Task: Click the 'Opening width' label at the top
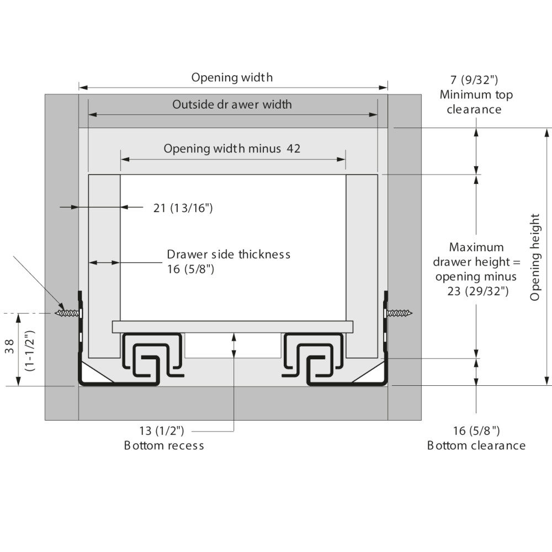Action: [232, 77]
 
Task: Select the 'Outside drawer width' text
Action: [232, 104]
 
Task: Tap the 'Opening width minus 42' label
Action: [232, 148]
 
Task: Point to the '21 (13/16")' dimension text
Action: [183, 208]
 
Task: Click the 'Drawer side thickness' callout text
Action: [229, 254]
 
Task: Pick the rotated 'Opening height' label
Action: [535, 257]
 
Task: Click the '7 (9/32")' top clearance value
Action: [476, 81]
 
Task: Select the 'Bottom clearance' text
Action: [476, 445]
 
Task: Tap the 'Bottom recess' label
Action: [164, 445]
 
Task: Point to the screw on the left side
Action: [67, 313]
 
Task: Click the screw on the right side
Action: [400, 313]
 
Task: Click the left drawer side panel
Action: [104, 265]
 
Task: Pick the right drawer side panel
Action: [362, 265]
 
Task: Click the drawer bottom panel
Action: [232, 326]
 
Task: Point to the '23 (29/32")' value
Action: [478, 291]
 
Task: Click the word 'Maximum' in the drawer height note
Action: [476, 247]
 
